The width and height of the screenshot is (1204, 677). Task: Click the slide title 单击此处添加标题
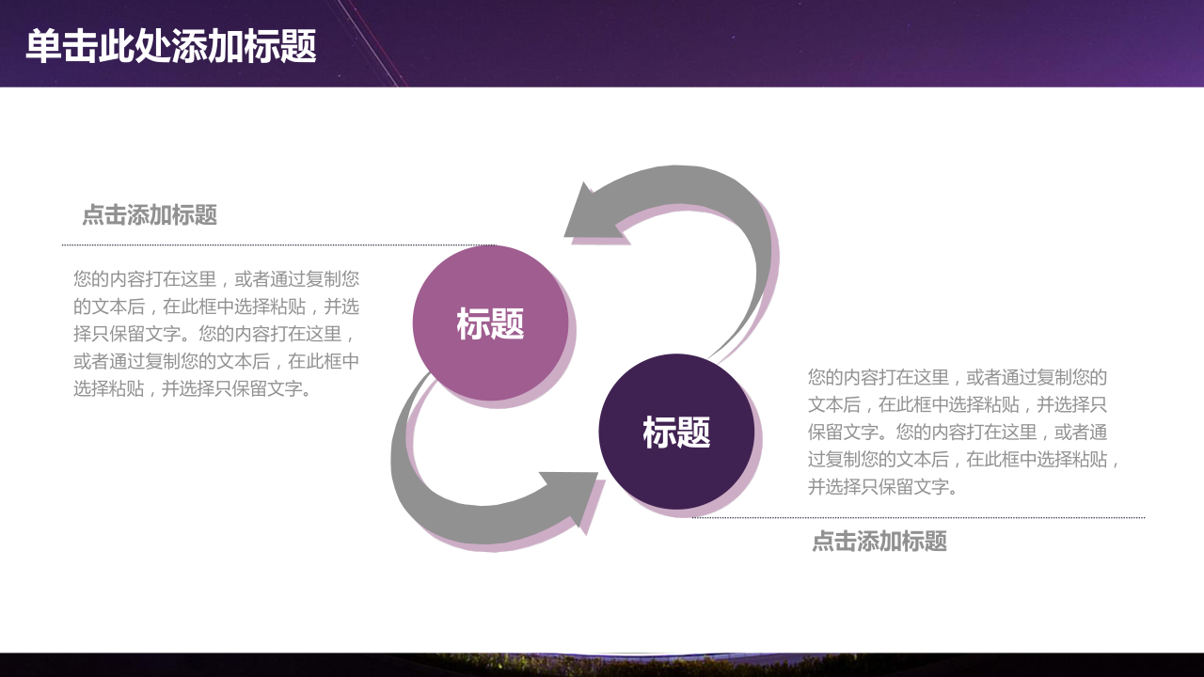[x=171, y=46]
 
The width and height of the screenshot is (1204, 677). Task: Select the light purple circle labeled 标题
[x=490, y=323]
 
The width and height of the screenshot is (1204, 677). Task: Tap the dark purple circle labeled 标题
[x=676, y=432]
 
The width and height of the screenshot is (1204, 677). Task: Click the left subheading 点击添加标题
[x=150, y=215]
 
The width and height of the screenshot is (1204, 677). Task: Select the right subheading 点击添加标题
[x=879, y=541]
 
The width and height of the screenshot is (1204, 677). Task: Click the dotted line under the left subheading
[x=278, y=245]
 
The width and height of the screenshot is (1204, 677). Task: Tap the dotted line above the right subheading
[x=918, y=518]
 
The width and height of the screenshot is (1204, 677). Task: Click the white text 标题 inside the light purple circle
[x=490, y=323]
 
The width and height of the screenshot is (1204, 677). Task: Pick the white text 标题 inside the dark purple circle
[x=676, y=432]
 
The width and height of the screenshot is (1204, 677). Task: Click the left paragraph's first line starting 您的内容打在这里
[x=216, y=279]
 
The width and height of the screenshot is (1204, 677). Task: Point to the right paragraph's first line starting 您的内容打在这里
[x=958, y=377]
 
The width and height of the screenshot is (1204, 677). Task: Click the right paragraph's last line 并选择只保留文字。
[x=882, y=487]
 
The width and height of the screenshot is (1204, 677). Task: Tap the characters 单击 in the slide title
[x=61, y=46]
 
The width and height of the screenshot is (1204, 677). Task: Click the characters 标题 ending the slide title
[x=280, y=46]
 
